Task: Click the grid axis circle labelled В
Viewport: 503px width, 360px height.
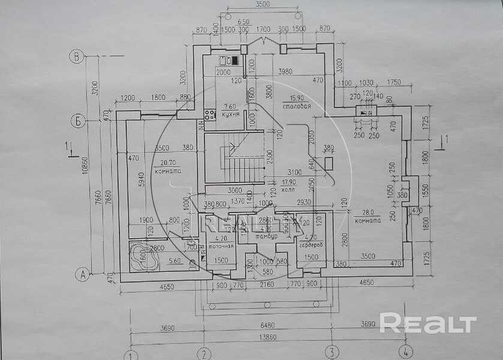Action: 77,58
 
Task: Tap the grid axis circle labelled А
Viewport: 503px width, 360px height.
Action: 82,275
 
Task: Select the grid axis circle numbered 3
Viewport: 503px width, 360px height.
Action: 331,353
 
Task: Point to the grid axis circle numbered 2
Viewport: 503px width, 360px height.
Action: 204,353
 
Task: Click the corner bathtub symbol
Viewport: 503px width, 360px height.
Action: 143,257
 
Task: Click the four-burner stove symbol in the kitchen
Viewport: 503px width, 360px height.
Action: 210,113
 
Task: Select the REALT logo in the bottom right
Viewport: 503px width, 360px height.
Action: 428,323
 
